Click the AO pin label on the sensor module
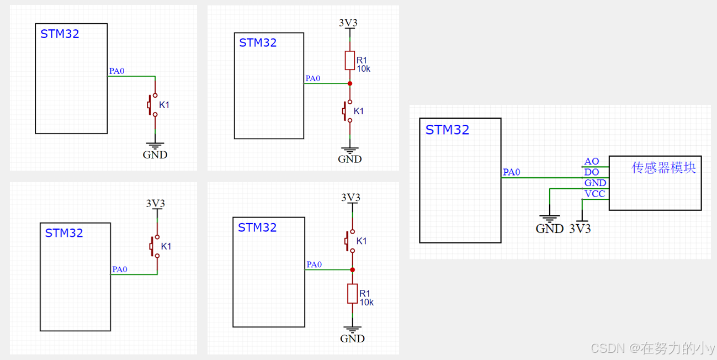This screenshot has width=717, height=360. coord(591,161)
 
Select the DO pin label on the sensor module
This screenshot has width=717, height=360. coord(591,172)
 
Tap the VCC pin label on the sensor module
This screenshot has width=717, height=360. coord(594,194)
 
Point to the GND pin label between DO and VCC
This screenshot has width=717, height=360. coord(595,183)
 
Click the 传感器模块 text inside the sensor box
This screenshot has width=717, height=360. coord(663,167)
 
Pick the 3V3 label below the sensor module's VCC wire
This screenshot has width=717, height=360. coord(580,229)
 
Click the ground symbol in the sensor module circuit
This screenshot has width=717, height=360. coord(550,219)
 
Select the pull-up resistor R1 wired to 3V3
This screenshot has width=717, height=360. coord(349,61)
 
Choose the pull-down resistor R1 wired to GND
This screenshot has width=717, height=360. coord(352,294)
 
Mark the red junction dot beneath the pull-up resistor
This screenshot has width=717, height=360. coord(349,83)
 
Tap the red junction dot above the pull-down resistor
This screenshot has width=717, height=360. coord(352,269)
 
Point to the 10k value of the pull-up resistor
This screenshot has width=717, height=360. coord(363,69)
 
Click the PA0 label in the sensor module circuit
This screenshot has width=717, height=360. coord(511,172)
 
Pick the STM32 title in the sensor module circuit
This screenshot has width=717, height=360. coord(447,130)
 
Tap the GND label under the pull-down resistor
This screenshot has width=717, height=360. coord(352,338)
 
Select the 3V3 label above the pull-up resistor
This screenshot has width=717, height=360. coord(348,23)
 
